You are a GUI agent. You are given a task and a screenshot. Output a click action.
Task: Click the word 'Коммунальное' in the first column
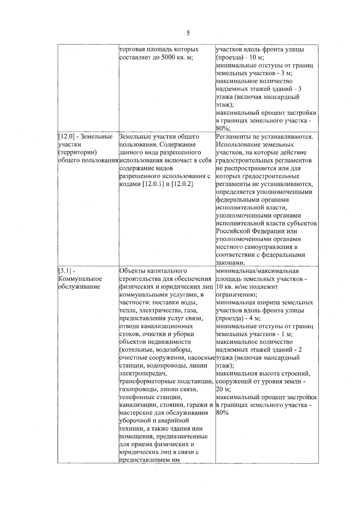click(80, 279)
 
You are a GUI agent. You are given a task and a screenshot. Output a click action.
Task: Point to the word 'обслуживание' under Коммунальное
click(79, 287)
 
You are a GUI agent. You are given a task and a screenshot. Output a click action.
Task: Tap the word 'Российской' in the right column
click(233, 231)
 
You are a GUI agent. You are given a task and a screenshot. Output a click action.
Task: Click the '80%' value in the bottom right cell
click(222, 413)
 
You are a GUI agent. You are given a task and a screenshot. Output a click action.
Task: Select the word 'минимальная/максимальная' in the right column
click(257, 271)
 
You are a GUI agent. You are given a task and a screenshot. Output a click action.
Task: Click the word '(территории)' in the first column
click(77, 152)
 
